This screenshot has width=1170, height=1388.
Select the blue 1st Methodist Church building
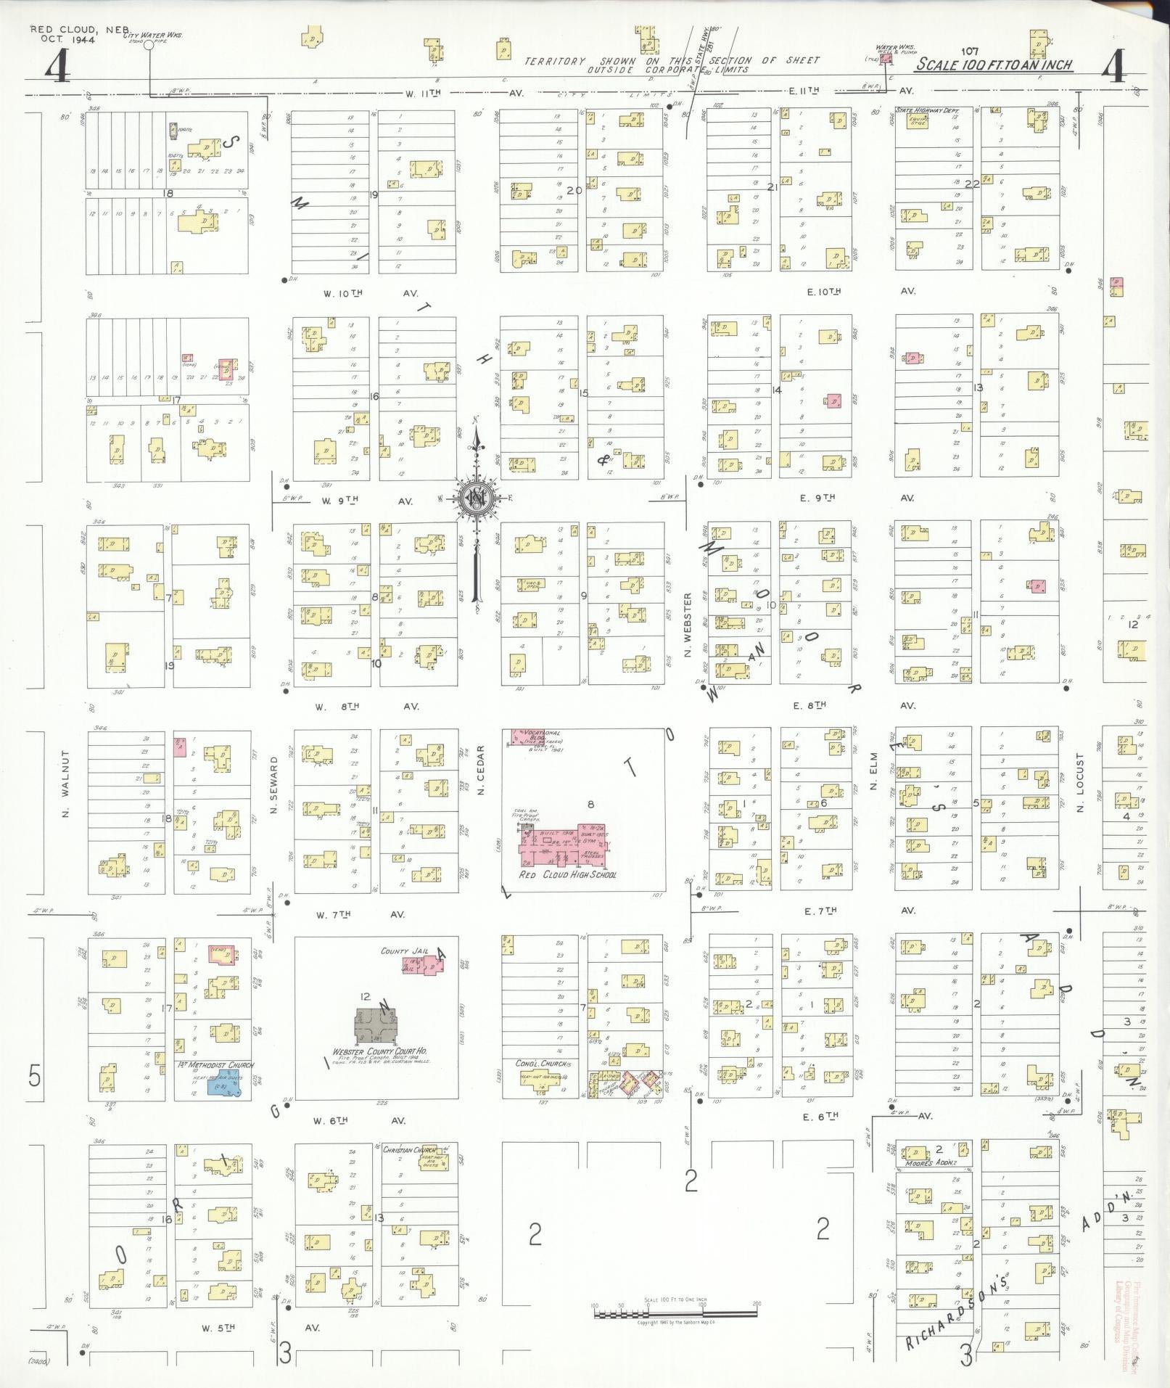[x=224, y=1086]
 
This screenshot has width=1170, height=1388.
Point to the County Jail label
[x=401, y=951]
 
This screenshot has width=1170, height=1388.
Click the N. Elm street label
[x=874, y=776]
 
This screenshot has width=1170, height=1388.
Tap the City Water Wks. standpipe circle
[x=149, y=45]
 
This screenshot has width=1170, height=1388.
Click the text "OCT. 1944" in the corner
[x=64, y=39]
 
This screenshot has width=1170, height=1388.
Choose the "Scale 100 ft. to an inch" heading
[x=993, y=65]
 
